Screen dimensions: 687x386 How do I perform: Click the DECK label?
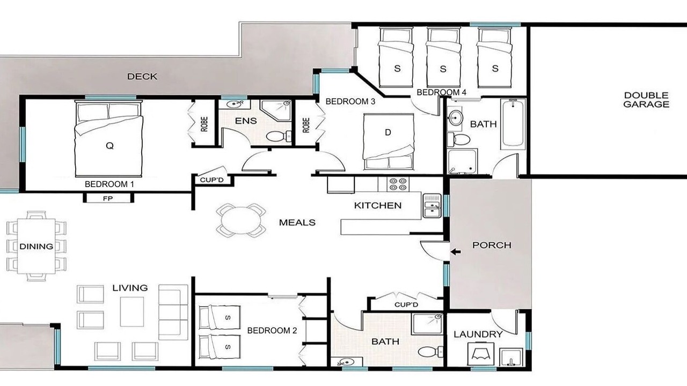(x=142, y=76)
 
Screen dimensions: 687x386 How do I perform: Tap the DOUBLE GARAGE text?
(x=646, y=100)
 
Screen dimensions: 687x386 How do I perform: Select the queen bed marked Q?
(x=109, y=139)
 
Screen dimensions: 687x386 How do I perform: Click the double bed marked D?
(x=388, y=142)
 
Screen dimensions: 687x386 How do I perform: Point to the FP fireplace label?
(x=108, y=198)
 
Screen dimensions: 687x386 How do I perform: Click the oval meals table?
(x=241, y=220)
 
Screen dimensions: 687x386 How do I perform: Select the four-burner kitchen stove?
(x=398, y=184)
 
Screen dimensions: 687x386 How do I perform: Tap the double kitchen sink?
(x=432, y=206)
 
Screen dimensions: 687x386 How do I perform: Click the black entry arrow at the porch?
(x=456, y=252)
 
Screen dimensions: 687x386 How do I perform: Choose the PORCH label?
(x=492, y=245)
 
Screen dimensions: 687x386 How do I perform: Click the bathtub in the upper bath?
(x=513, y=124)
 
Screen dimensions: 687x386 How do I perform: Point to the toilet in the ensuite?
(x=279, y=136)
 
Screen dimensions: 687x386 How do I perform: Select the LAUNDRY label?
(x=478, y=334)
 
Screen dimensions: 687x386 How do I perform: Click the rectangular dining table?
(x=36, y=246)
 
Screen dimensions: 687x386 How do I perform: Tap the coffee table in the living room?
(x=132, y=311)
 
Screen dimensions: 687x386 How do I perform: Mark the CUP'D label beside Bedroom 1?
(x=211, y=180)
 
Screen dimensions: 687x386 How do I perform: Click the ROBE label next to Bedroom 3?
(x=306, y=125)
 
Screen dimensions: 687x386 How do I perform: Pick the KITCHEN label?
(x=378, y=205)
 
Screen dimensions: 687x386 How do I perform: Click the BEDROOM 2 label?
(x=272, y=331)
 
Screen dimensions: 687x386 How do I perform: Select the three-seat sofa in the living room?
(x=173, y=312)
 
